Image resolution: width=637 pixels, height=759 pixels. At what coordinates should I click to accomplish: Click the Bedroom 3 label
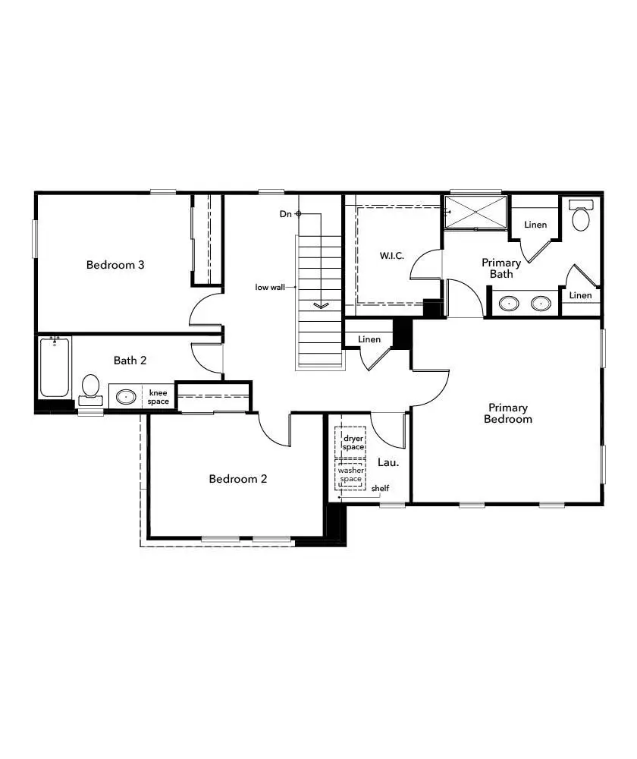[115, 265]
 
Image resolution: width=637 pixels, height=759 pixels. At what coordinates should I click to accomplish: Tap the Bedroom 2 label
[238, 479]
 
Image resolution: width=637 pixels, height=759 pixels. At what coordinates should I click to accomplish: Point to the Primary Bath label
[501, 268]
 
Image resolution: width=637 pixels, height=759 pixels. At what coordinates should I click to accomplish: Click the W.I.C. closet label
[392, 255]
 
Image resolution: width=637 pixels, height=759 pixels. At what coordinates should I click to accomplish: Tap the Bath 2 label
[130, 360]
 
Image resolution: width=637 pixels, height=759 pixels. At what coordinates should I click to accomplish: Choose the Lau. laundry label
[388, 461]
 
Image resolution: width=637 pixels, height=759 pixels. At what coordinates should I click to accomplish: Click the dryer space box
[353, 442]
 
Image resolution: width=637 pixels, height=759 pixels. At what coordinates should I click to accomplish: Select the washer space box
[351, 475]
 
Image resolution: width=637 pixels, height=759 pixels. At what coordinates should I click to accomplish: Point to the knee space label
[158, 397]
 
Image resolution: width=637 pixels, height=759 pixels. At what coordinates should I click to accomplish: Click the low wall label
[270, 287]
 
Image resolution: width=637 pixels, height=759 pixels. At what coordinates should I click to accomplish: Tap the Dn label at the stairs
[285, 214]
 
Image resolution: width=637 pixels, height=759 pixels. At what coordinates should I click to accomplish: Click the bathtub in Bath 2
[55, 367]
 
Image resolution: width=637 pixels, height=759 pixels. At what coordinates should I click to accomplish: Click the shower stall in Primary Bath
[475, 211]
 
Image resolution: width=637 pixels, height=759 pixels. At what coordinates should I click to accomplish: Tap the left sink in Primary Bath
[508, 304]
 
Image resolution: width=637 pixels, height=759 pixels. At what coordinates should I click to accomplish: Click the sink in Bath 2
[126, 397]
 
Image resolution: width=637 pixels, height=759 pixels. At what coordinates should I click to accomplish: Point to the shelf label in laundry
[380, 488]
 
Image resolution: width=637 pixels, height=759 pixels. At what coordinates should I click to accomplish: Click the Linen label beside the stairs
[369, 339]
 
